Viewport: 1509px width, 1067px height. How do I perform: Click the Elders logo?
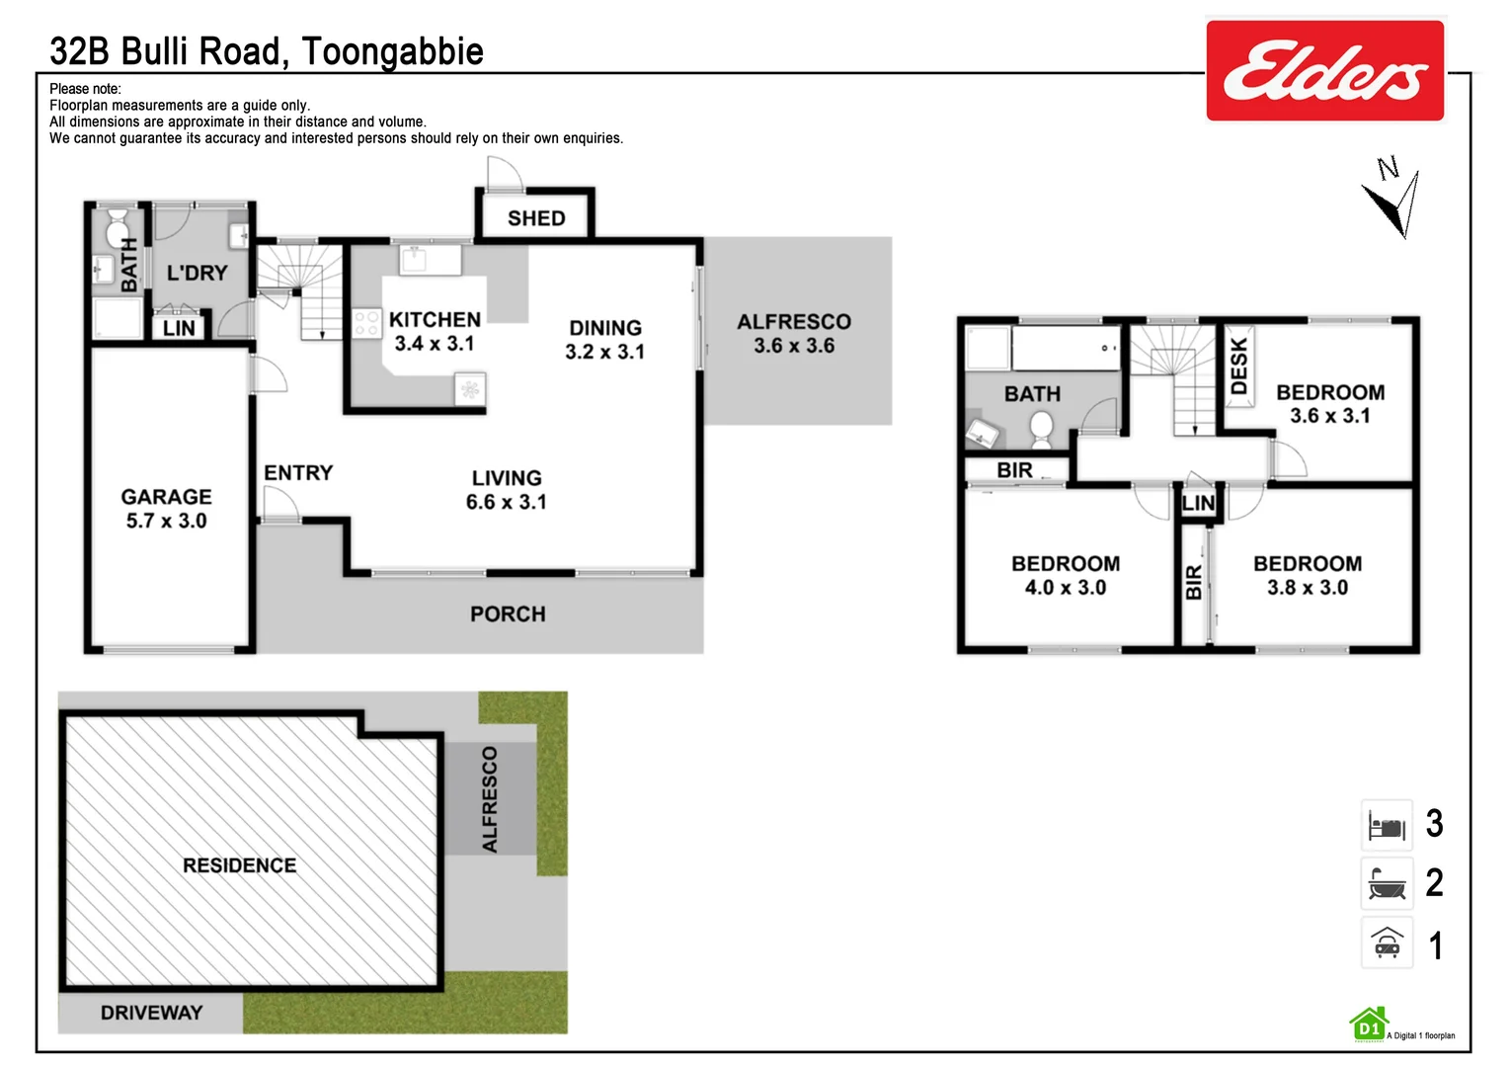point(1324,71)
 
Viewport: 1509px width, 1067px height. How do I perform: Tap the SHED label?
point(536,218)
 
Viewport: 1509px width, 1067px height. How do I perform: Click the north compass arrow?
point(1393,202)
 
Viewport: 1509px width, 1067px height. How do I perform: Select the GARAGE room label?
point(166,497)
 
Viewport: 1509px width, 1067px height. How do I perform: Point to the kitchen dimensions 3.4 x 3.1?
point(435,344)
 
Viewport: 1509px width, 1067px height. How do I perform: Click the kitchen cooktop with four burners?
point(366,323)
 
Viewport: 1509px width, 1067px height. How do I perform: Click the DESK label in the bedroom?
point(1239,366)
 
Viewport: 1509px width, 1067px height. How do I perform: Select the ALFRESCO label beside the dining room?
point(793,322)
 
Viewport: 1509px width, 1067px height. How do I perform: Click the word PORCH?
point(508,615)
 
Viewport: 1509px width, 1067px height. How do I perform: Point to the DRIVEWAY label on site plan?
point(151,1013)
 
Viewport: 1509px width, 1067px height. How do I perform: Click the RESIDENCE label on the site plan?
point(239,865)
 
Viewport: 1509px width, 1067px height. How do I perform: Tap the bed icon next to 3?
point(1387,826)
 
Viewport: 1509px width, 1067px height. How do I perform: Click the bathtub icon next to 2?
point(1387,884)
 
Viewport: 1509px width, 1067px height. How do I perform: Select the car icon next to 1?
point(1387,944)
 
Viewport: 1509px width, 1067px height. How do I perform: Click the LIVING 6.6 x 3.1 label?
point(506,490)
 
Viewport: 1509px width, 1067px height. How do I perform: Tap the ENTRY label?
point(298,473)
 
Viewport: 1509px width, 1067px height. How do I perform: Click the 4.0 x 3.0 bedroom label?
point(1065,588)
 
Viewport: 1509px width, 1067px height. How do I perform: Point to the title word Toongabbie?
point(392,51)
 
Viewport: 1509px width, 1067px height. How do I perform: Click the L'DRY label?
point(197,273)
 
